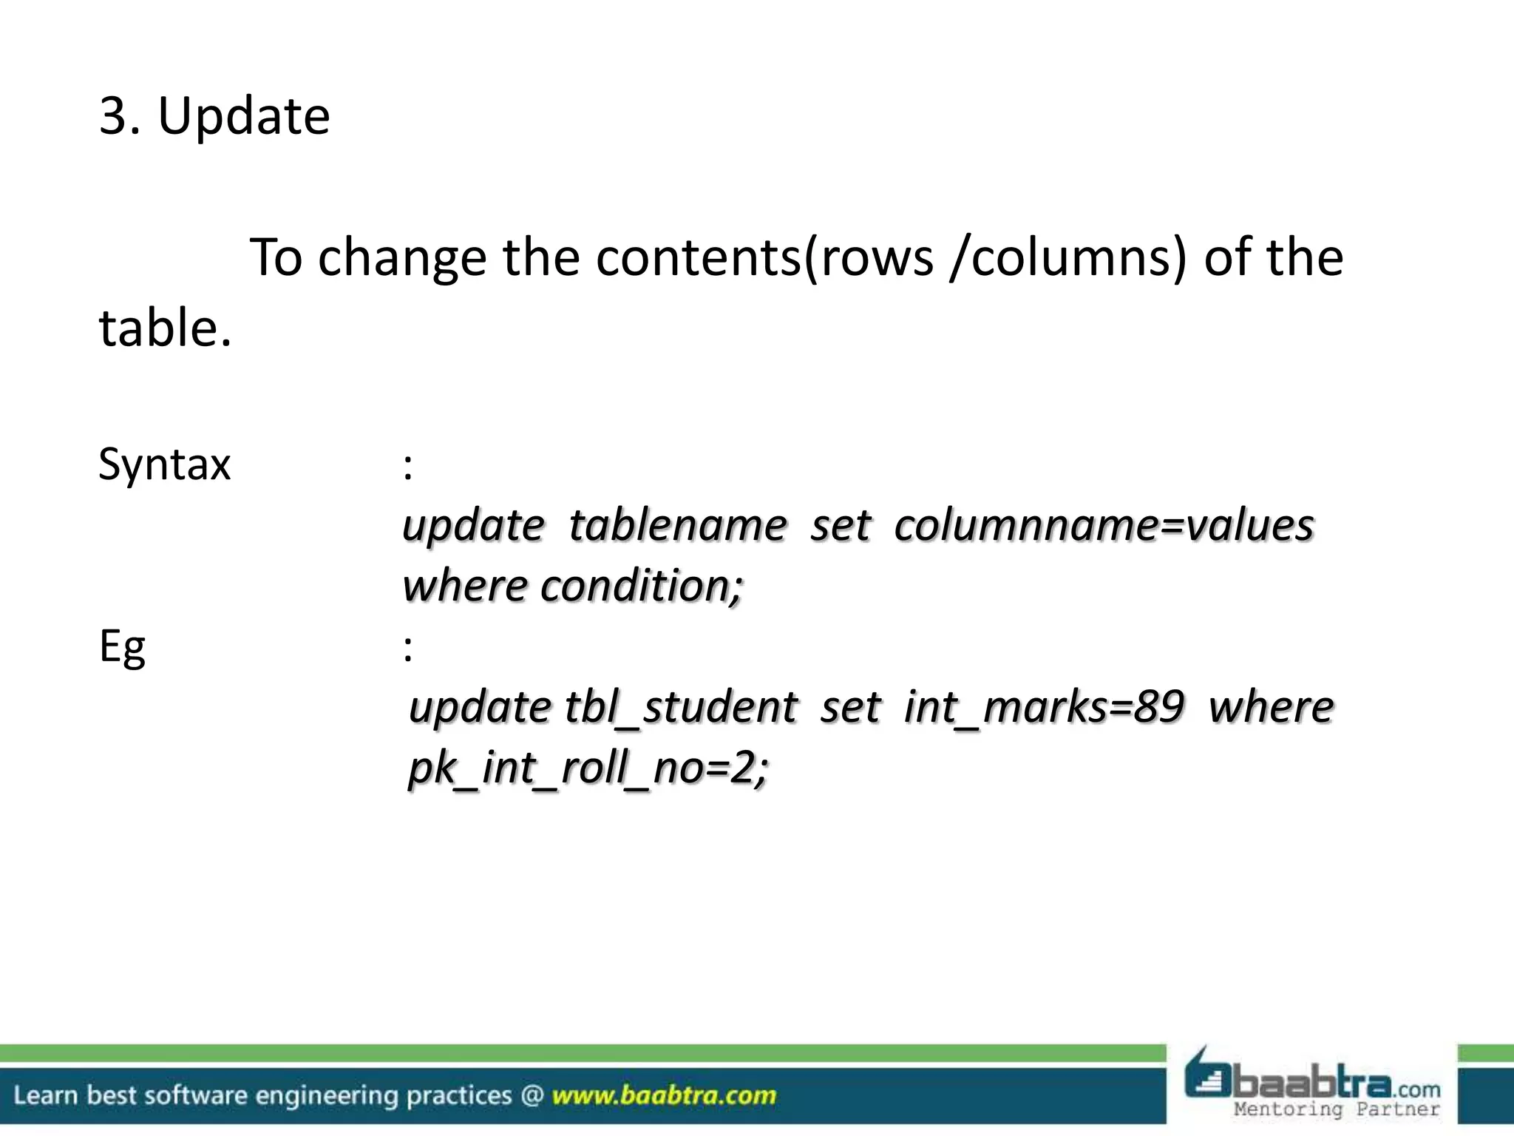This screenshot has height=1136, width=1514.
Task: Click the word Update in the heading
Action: click(244, 117)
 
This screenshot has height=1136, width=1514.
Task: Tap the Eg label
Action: click(122, 648)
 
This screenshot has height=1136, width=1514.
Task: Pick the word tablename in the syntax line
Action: click(677, 526)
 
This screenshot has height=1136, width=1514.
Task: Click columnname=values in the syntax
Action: click(1104, 526)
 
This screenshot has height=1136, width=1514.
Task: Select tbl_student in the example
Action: click(681, 708)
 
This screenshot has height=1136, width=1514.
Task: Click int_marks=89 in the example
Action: click(1043, 708)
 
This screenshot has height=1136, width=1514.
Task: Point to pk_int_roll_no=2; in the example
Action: click(588, 768)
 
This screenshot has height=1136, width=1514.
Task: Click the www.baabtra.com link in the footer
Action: click(664, 1095)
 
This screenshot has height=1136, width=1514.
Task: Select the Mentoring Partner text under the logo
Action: click(1337, 1109)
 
